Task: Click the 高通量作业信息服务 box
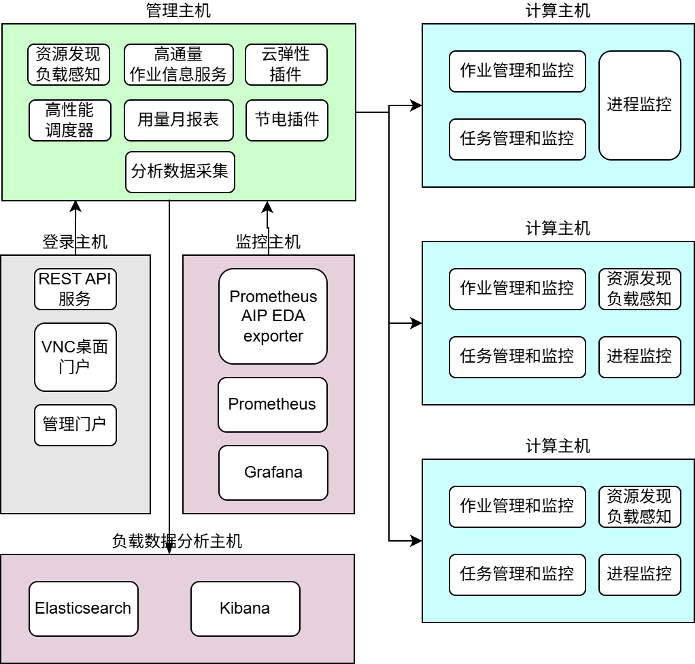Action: [178, 65]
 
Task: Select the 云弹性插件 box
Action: [286, 65]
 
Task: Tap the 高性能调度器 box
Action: [69, 120]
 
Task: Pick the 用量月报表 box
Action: [178, 120]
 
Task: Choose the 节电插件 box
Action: [286, 120]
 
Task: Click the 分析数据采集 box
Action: [180, 172]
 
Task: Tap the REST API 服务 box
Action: [75, 289]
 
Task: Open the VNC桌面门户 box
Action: [75, 357]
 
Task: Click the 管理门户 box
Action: [75, 425]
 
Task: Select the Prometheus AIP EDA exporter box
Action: [273, 316]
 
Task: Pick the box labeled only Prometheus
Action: [272, 405]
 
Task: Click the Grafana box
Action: [273, 472]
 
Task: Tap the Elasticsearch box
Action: [83, 608]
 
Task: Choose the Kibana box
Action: [245, 608]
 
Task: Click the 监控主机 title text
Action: [268, 242]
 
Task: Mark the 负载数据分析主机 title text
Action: [177, 542]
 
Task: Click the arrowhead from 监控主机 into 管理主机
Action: [268, 207]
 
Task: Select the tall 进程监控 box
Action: [639, 105]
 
